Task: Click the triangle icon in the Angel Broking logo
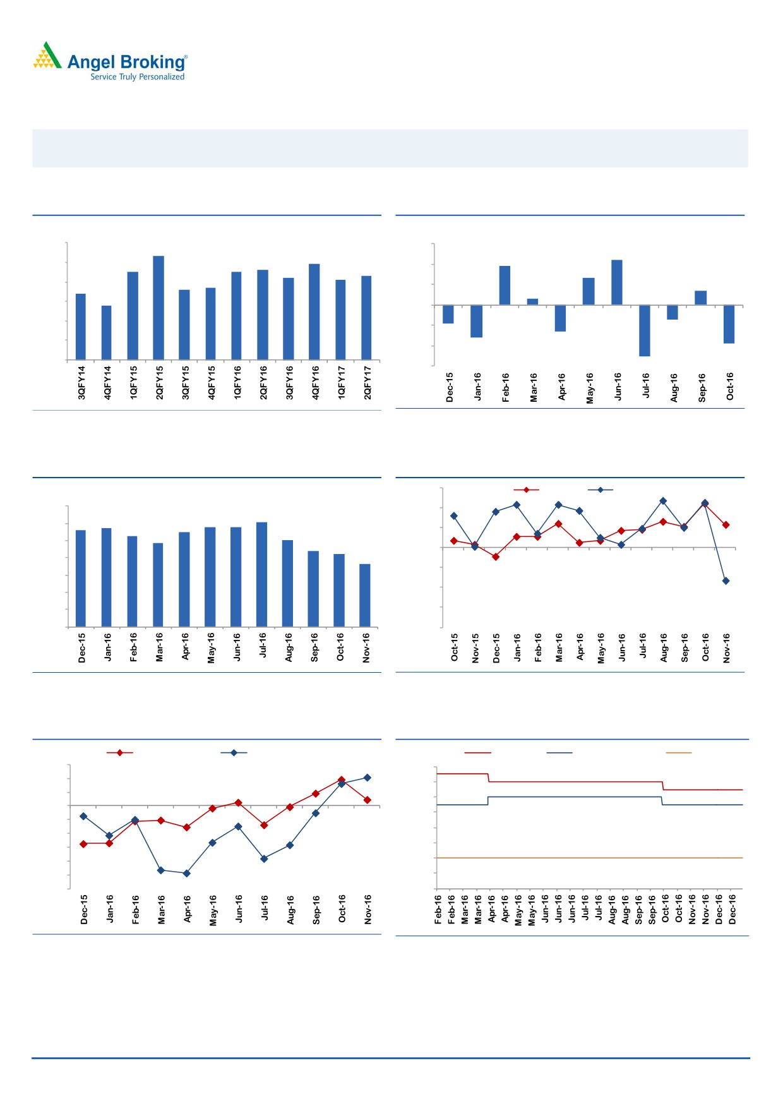47,56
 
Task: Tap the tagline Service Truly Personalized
137,77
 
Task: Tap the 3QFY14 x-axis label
81,382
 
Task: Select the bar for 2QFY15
158,308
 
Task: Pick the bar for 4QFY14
107,332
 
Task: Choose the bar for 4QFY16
314,311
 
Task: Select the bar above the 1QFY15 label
133,315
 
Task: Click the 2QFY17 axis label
367,382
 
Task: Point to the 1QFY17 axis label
341,382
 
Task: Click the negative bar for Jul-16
645,330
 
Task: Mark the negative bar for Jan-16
476,321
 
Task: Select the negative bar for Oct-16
729,324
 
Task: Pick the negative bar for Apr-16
560,318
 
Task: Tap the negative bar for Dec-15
448,314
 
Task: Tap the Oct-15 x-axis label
455,647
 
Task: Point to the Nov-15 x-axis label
475,647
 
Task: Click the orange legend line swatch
679,752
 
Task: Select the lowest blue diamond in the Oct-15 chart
726,581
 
